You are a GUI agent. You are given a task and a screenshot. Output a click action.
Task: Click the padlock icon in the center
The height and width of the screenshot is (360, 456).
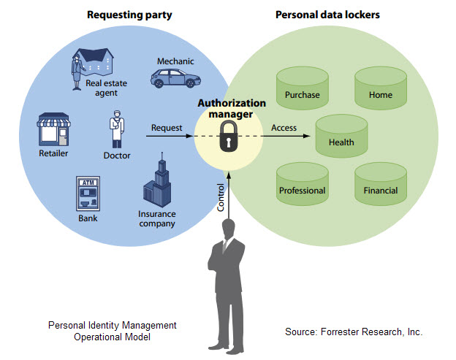point(228,135)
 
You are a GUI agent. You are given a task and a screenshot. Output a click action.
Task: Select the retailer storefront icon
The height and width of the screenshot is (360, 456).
point(53,131)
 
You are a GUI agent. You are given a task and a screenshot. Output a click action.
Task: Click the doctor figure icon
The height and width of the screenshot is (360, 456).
point(116,130)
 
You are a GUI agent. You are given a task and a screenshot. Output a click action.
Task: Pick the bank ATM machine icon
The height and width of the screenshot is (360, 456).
point(88,194)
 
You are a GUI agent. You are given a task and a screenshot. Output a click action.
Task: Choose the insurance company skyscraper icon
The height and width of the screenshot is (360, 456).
point(157,182)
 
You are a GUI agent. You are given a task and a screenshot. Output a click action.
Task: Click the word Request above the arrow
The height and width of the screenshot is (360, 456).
point(167,128)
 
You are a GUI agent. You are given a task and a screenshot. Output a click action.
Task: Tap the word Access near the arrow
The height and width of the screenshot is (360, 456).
point(284,128)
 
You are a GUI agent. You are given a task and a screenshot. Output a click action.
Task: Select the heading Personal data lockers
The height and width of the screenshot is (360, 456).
point(327,14)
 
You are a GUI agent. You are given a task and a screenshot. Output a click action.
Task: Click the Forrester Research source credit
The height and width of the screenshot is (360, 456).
point(354,332)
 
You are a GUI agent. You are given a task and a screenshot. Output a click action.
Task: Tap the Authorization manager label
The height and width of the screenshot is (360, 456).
point(228,109)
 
